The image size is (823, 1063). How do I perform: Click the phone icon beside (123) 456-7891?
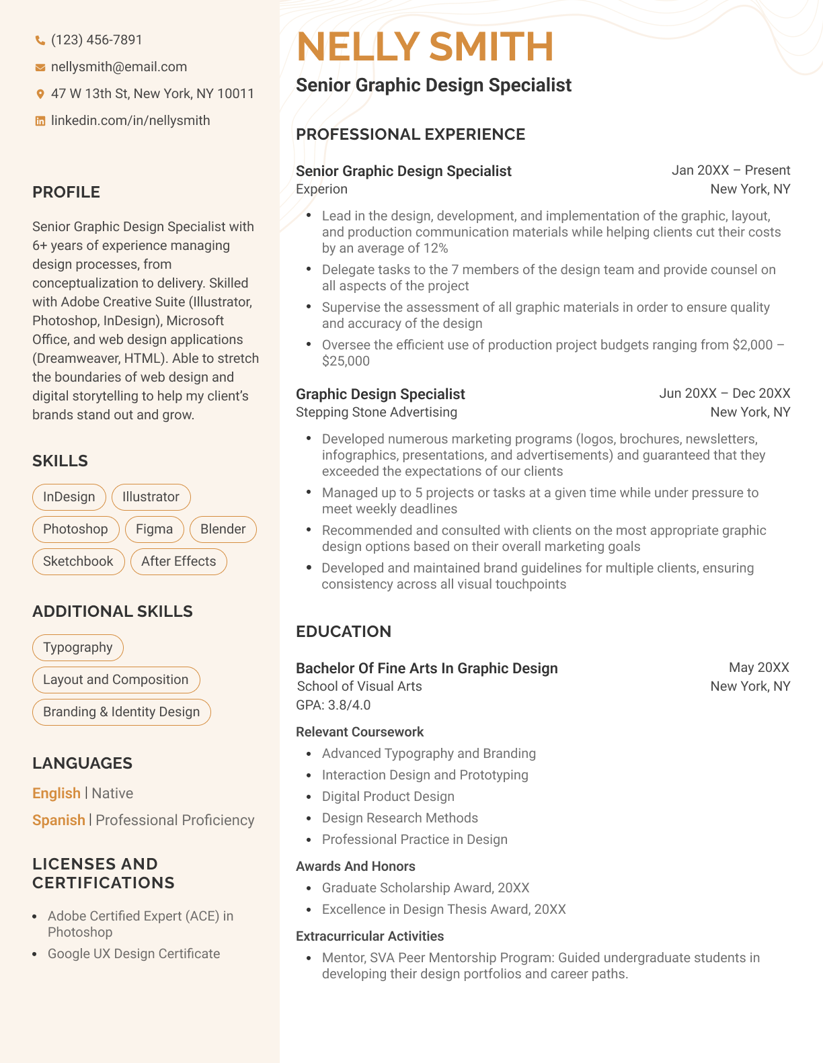click(x=40, y=40)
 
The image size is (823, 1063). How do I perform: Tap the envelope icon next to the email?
click(x=40, y=67)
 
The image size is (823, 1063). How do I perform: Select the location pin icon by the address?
click(x=40, y=94)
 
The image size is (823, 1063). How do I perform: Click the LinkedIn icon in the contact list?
click(x=40, y=121)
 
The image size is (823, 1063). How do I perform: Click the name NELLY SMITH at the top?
click(x=425, y=47)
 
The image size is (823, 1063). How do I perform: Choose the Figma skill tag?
click(x=154, y=529)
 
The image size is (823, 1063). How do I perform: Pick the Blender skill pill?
click(x=223, y=529)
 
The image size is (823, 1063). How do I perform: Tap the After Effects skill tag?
click(x=178, y=562)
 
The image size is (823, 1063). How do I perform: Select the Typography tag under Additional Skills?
click(x=78, y=648)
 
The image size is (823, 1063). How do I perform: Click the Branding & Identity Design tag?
click(x=121, y=712)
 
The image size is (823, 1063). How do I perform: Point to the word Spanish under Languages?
click(x=58, y=820)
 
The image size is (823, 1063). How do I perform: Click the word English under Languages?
click(x=56, y=794)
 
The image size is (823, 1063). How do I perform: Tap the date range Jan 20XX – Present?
click(x=731, y=171)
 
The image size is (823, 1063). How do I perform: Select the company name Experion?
click(x=321, y=189)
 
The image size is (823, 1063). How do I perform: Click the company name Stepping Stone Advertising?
click(x=377, y=413)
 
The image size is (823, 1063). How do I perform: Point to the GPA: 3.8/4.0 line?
click(x=334, y=706)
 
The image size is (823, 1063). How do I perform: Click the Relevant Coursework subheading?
click(x=360, y=732)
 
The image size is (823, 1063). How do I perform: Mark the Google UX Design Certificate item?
click(x=134, y=954)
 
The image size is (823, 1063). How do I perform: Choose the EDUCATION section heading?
click(x=344, y=632)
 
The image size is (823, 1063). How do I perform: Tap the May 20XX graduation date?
click(x=759, y=668)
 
